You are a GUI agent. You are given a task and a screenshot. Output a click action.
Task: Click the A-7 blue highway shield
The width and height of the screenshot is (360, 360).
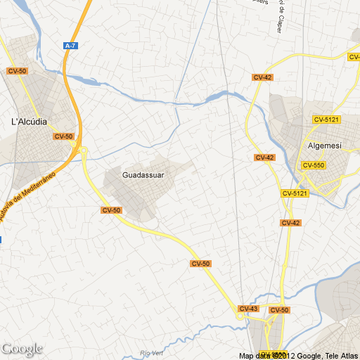[70, 46]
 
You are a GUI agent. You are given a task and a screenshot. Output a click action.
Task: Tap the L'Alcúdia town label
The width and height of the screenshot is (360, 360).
[30, 121]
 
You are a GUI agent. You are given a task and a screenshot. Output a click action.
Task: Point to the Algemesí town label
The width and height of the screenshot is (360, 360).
[325, 146]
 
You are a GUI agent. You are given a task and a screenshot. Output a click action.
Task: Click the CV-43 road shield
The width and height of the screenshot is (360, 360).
[248, 309]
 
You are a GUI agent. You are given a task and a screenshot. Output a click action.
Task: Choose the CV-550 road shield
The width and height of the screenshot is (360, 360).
[313, 165]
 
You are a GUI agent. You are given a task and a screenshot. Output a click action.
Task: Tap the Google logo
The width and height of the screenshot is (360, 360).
[22, 349]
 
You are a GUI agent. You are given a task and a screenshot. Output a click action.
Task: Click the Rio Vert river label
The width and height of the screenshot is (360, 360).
[151, 352]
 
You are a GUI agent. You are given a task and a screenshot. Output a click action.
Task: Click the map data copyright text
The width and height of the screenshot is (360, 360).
[298, 355]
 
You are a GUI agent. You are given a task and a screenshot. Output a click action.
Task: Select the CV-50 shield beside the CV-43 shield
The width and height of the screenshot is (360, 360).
[279, 310]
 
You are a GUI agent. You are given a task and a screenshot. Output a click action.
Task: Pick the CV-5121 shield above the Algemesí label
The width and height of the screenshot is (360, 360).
[327, 120]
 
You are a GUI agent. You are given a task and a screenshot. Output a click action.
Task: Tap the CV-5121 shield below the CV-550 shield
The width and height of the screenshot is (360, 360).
[295, 193]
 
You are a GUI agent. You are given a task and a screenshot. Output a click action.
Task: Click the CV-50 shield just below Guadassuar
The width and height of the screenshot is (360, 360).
[111, 210]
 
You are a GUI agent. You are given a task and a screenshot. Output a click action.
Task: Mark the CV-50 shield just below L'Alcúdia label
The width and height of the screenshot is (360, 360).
[63, 136]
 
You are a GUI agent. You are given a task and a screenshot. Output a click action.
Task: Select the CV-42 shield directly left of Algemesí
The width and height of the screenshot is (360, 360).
[264, 157]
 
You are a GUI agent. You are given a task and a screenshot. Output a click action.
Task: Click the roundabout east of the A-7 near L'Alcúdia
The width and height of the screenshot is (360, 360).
[83, 150]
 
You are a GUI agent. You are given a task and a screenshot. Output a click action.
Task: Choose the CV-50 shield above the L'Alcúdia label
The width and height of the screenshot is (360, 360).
[17, 71]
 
